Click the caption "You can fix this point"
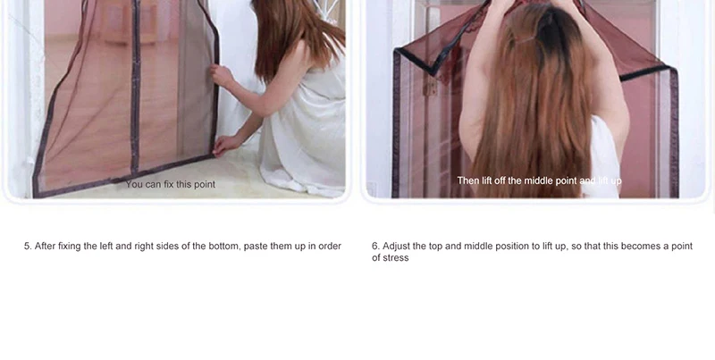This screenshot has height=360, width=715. click(171, 185)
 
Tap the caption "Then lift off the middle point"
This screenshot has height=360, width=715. click(517, 181)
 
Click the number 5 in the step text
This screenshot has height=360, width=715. click(27, 246)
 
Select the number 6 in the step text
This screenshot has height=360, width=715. click(374, 246)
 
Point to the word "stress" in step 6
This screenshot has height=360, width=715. click(395, 258)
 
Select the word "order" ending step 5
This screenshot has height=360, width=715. click(330, 246)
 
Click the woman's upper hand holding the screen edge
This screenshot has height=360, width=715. click(221, 75)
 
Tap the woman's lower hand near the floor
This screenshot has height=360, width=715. click(225, 145)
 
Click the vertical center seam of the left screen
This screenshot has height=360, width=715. click(135, 87)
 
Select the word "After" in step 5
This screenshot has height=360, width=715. click(46, 246)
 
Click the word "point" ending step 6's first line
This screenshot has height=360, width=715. click(682, 247)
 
